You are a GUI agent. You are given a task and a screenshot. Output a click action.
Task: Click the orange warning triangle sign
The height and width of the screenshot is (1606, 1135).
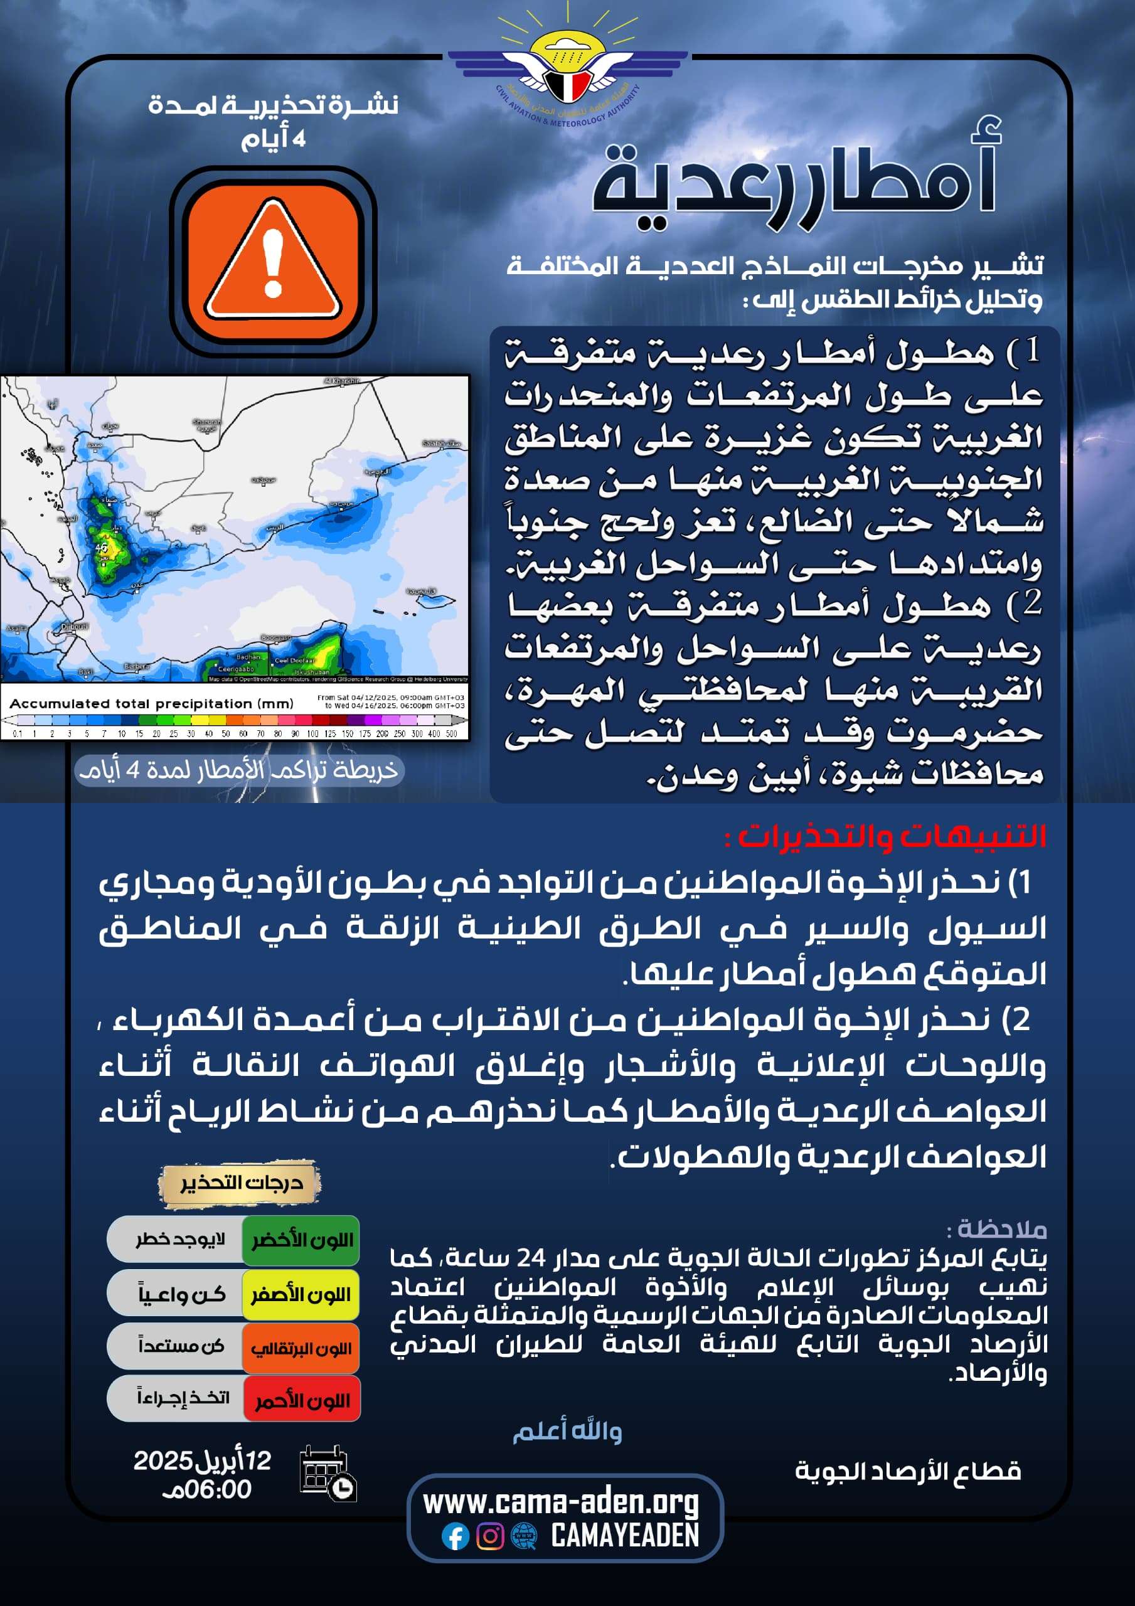(272, 260)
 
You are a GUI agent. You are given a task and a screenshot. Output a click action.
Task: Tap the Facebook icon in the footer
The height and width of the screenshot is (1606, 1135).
(455, 1537)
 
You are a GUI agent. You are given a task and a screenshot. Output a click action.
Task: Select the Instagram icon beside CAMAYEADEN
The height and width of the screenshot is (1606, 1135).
(490, 1536)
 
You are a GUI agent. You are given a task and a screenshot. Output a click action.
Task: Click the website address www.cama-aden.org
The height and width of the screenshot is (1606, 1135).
(560, 1502)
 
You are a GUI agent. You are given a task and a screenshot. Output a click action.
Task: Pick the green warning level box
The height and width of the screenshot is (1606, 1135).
(302, 1241)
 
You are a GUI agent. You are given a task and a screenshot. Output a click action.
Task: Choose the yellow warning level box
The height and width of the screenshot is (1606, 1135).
(302, 1295)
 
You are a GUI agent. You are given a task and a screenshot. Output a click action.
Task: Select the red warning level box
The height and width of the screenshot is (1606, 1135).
(302, 1400)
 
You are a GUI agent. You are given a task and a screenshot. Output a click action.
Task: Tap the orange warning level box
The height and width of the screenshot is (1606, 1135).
(302, 1348)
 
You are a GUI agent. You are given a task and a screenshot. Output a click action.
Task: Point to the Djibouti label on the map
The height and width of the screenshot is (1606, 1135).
(74, 627)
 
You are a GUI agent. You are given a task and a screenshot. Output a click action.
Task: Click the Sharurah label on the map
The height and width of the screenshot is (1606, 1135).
(207, 423)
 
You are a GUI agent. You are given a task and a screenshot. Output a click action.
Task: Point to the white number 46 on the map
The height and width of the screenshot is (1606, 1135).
(102, 547)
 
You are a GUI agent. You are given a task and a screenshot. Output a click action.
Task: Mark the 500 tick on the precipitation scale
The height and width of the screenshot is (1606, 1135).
(451, 734)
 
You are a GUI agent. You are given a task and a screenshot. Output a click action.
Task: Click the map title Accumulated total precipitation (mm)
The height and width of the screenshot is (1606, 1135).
(151, 704)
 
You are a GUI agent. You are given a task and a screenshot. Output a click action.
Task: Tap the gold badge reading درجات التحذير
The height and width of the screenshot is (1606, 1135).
(240, 1183)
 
